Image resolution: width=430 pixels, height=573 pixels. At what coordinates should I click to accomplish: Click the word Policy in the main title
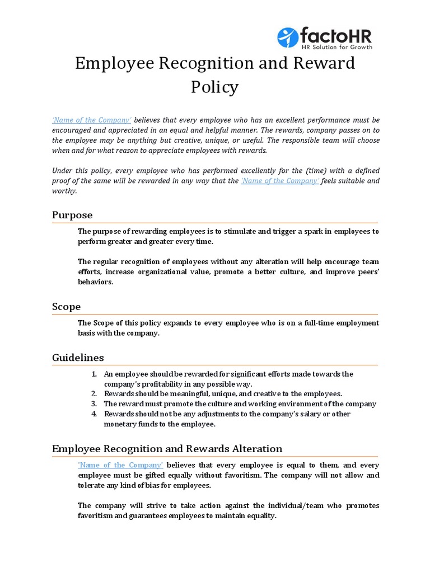(214, 87)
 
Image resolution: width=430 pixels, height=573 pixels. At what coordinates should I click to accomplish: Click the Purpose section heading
(72, 215)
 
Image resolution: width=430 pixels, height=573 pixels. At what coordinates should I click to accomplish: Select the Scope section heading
(66, 307)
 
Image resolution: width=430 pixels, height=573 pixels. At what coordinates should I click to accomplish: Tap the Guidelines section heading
(78, 357)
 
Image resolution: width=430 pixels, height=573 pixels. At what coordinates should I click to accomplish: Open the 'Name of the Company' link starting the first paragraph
(92, 120)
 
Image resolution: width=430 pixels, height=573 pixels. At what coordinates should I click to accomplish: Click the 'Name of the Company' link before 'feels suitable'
(280, 181)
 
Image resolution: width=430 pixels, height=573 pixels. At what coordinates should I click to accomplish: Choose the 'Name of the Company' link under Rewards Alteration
(120, 465)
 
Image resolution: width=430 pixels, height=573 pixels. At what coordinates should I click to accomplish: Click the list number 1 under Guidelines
(94, 374)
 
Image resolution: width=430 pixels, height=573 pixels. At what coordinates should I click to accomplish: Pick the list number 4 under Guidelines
(94, 414)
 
